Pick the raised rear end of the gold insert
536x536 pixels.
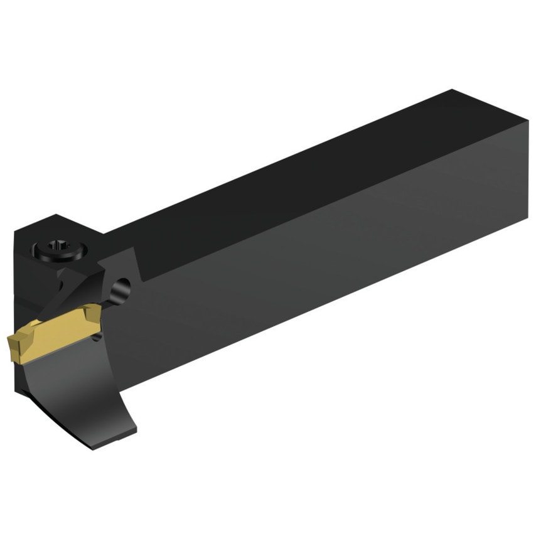click(x=94, y=311)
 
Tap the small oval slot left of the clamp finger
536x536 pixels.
click(x=63, y=285)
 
